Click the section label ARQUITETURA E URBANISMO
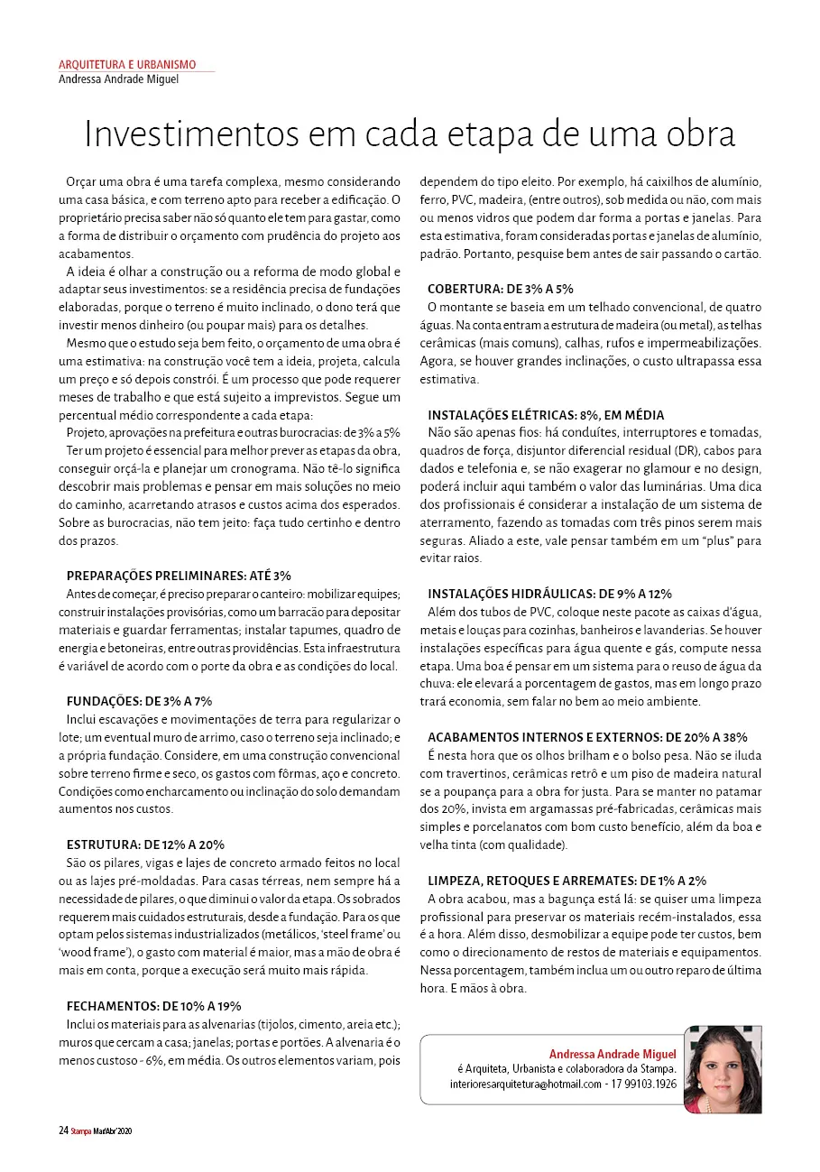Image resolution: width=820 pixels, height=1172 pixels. (x=127, y=65)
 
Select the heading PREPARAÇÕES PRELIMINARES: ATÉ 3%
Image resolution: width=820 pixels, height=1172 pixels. (x=179, y=576)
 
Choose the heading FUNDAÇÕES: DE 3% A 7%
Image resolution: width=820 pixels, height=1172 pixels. (x=139, y=701)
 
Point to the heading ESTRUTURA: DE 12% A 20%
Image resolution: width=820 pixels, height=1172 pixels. (x=145, y=844)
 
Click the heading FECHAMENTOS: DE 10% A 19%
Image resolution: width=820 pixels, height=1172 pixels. (x=153, y=1006)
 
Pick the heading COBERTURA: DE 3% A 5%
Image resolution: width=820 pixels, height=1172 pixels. (x=501, y=289)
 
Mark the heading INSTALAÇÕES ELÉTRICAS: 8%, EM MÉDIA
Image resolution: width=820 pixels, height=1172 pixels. (x=546, y=415)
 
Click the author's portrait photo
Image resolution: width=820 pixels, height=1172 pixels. (x=723, y=1069)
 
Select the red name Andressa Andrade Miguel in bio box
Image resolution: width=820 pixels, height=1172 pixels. (x=613, y=1054)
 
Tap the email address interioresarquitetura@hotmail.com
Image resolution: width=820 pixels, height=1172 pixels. (x=524, y=1084)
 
